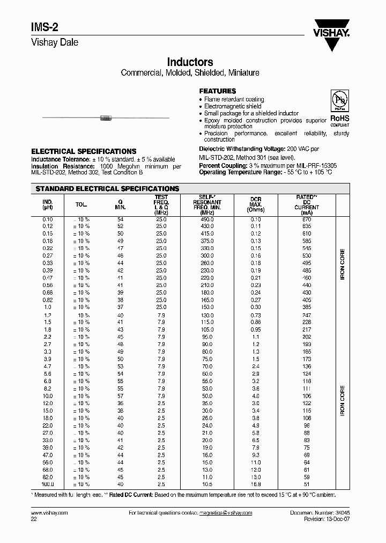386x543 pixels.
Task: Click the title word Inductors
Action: (190, 62)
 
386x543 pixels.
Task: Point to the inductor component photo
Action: (105, 117)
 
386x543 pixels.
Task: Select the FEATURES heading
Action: (217, 91)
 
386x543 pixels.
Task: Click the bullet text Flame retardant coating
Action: (234, 99)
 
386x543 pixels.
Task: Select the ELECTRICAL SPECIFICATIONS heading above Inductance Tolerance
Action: (84, 152)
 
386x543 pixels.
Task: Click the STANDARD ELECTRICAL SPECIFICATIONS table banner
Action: (106, 189)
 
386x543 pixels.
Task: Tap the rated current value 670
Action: (307, 219)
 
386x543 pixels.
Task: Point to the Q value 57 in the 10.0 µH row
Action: (120, 396)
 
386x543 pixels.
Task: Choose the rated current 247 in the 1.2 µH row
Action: (307, 314)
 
